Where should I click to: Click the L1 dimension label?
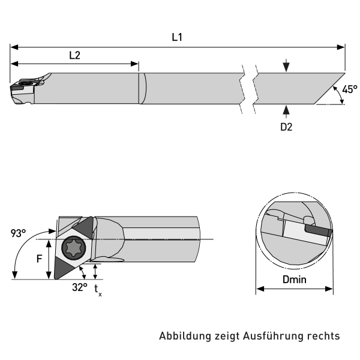[x=177, y=37]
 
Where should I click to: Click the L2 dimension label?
[x=74, y=55]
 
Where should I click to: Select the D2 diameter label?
[x=287, y=127]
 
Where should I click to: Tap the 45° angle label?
[x=349, y=89]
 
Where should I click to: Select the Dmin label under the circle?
[x=295, y=280]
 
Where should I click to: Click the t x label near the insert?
[x=98, y=290]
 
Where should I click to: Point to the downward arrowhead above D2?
[x=287, y=68]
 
